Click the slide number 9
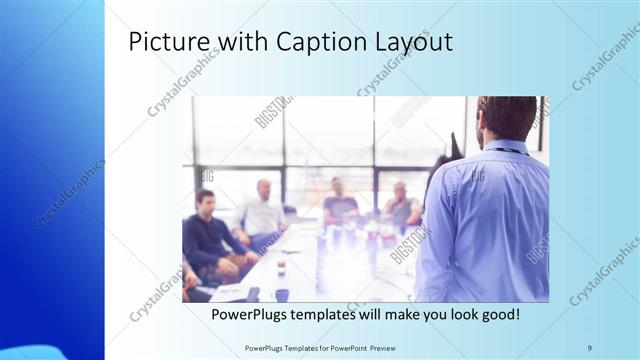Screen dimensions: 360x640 point(589,347)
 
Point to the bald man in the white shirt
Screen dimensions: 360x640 point(263,212)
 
